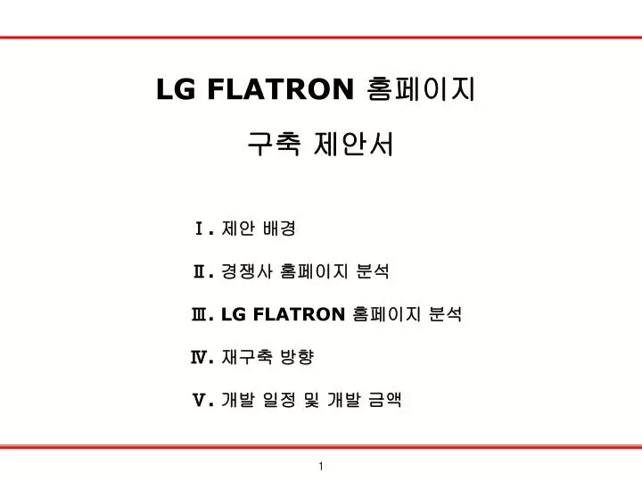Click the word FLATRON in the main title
281,89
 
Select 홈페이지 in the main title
421,89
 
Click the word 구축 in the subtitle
275,144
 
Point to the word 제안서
353,144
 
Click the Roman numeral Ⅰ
200,229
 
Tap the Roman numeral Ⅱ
200,271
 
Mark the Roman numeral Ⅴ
200,400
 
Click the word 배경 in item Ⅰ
279,229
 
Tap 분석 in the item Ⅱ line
373,271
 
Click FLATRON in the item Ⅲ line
300,314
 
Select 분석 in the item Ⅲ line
446,314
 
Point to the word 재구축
246,357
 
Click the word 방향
297,357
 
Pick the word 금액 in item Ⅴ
384,400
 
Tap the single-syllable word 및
311,400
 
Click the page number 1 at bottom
321,466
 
